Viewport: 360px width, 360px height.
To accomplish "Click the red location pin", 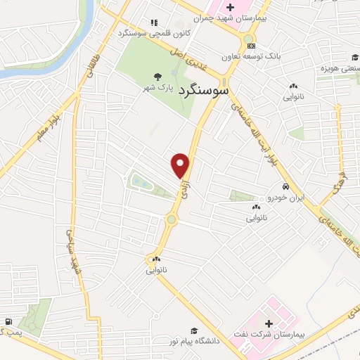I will (181, 165).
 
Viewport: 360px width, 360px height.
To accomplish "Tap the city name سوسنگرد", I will (203, 91).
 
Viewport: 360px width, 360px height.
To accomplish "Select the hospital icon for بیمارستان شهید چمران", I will (230, 7).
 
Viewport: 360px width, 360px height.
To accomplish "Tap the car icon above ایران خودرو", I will (285, 187).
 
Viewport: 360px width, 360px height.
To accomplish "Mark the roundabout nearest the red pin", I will (171, 219).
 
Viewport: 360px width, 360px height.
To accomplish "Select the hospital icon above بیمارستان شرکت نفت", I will (269, 323).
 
